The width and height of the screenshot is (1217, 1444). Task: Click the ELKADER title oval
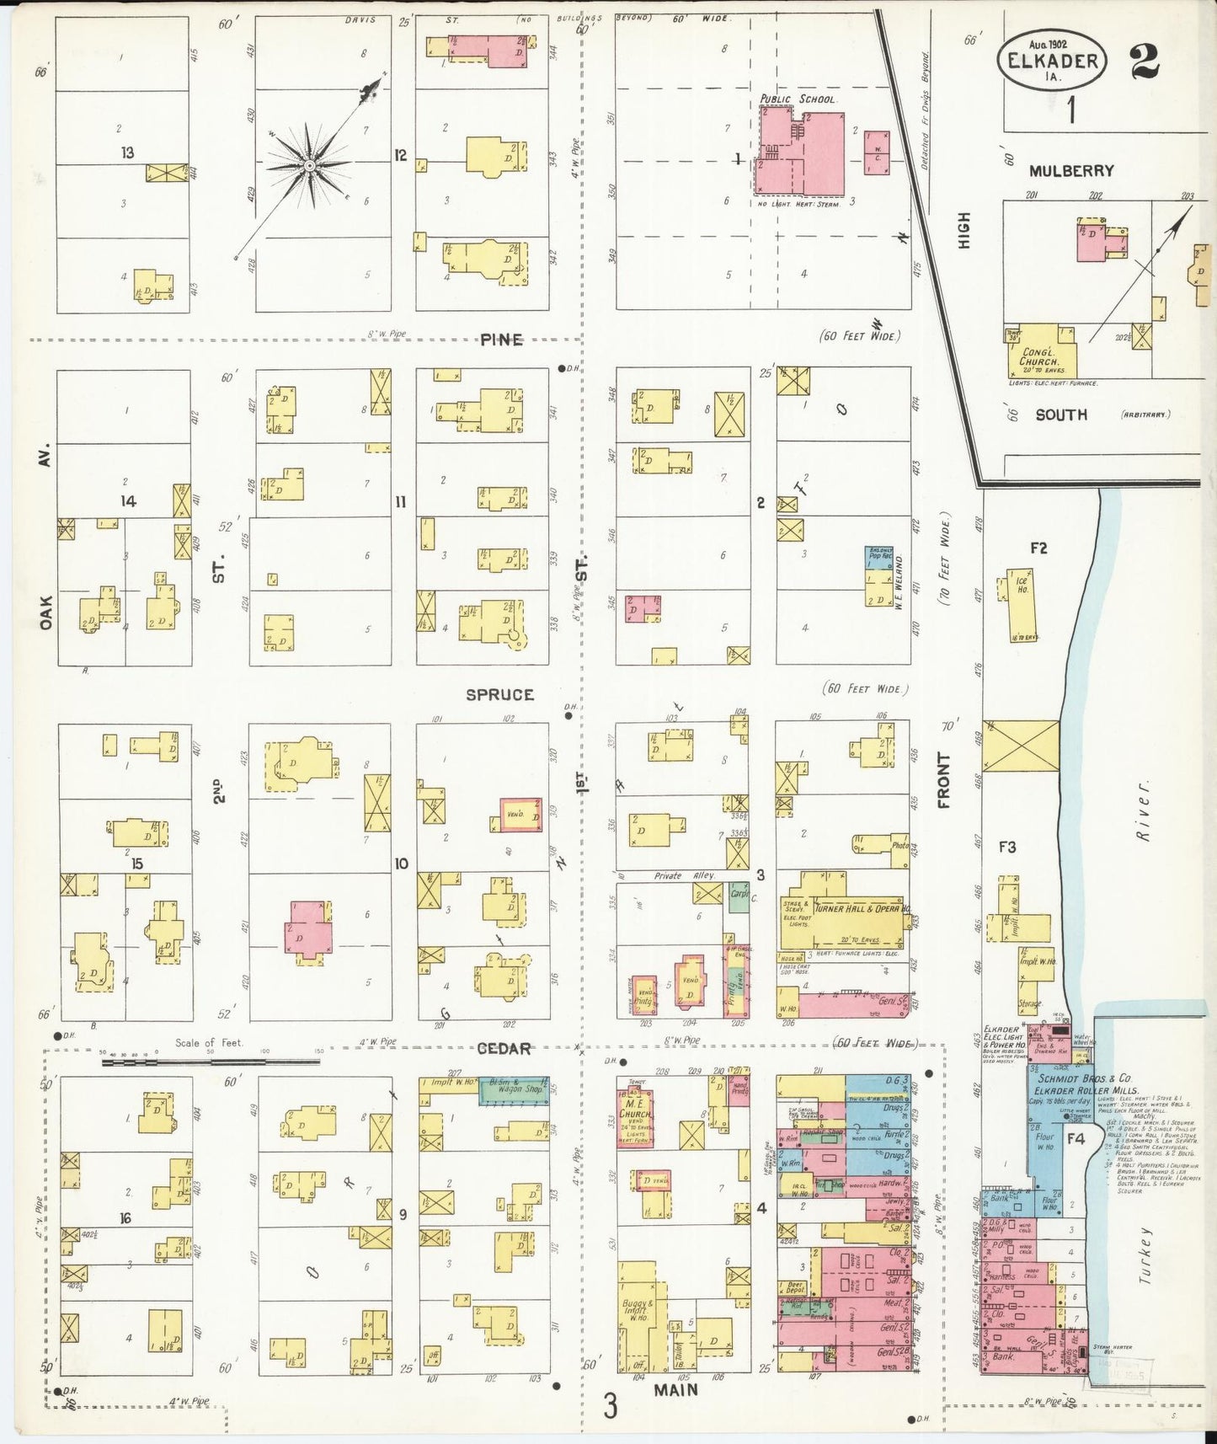click(1052, 62)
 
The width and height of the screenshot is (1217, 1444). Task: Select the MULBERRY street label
click(1071, 171)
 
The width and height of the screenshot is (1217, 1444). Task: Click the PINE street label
click(502, 340)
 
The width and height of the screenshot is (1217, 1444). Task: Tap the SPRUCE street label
click(500, 694)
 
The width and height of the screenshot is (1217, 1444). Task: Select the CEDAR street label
click(504, 1049)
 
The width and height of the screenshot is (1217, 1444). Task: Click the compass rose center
click(309, 165)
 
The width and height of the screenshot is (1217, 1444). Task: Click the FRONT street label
click(943, 781)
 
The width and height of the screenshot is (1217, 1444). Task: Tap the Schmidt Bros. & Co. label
click(1085, 1078)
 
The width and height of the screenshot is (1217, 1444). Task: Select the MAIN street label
click(676, 1389)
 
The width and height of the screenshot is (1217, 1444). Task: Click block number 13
click(128, 153)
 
